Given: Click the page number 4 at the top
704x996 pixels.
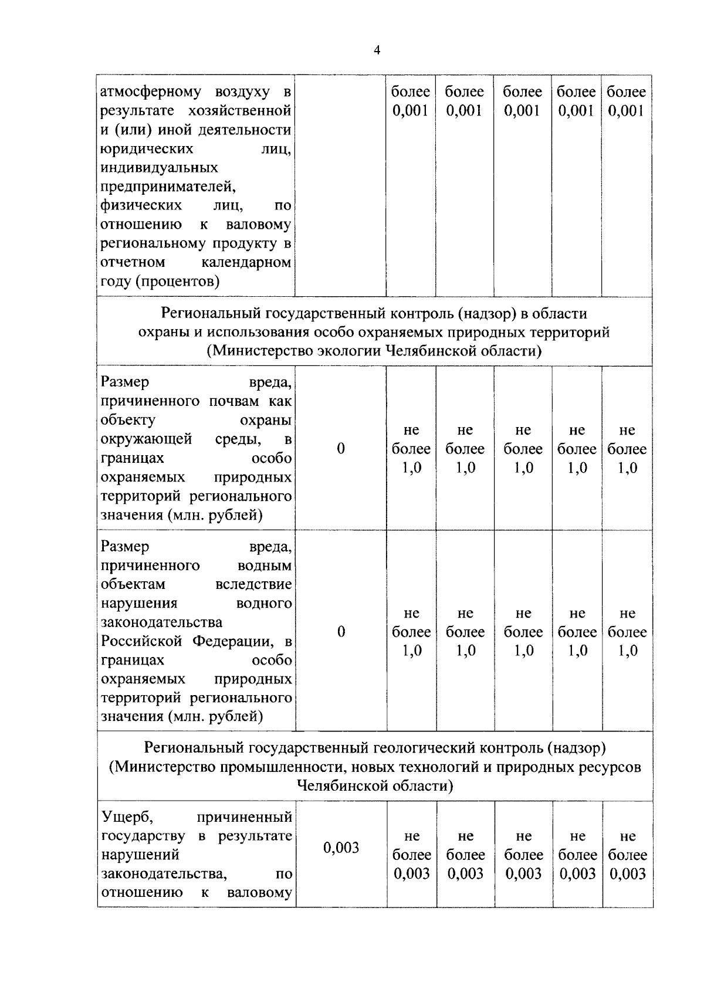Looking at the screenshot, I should pos(377,50).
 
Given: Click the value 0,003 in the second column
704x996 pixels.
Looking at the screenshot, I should pos(341,848).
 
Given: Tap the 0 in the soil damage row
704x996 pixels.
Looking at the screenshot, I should pos(341,449).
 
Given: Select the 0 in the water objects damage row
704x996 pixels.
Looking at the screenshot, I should pos(341,632).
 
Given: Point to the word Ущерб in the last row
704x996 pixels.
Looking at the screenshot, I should pos(127,817).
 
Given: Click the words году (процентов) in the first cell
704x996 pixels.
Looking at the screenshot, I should pos(160,282).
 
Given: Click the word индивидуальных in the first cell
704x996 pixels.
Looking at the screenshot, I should pos(159,168).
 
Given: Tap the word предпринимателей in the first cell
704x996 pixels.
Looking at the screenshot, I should pos(168,187).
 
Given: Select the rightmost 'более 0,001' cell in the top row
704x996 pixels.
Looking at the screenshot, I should pos(627,101).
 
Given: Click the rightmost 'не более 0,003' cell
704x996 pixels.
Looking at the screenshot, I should pos(627,855).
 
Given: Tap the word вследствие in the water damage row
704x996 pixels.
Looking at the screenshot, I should pos(253,584).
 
